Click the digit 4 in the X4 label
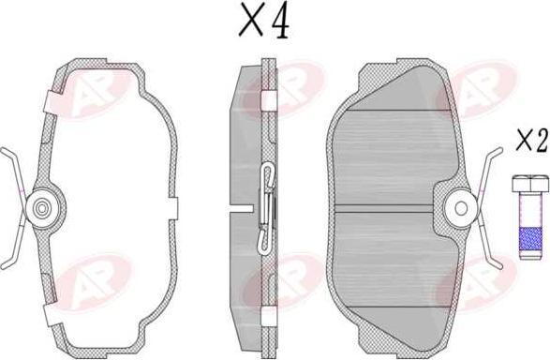click(x=278, y=22)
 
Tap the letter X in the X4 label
click(x=251, y=22)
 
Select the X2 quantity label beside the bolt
click(x=531, y=142)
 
